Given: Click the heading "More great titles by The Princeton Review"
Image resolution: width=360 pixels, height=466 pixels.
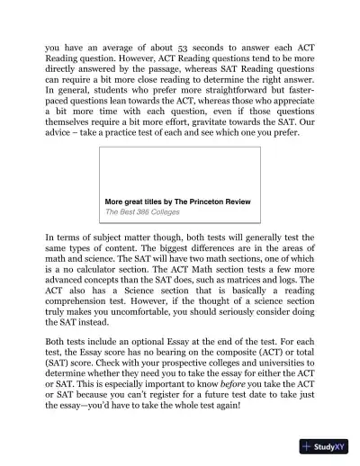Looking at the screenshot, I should coord(177,202).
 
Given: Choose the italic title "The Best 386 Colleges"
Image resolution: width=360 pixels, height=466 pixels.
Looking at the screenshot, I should coord(142,213).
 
